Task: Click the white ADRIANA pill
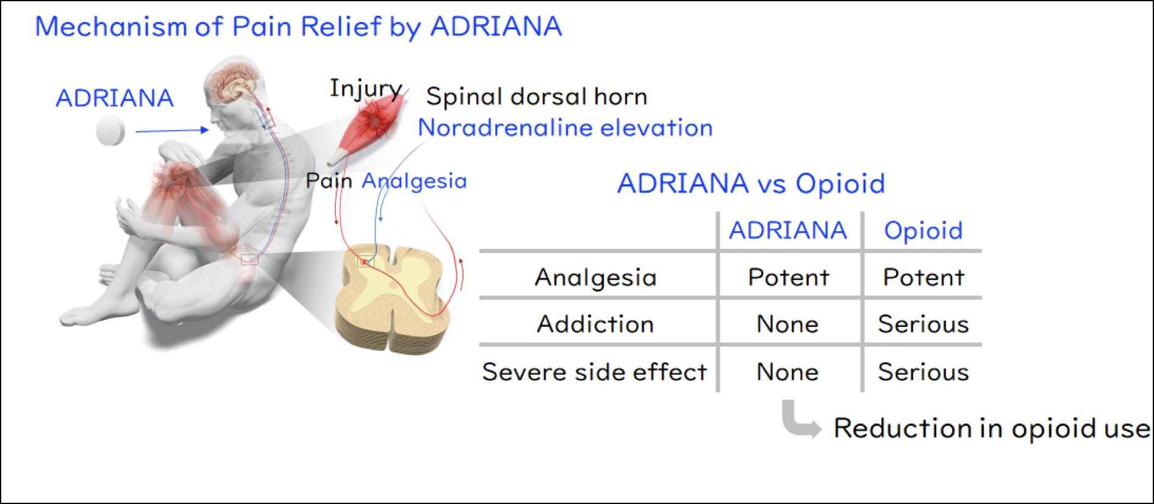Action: pos(110,131)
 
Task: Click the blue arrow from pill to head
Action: pos(172,130)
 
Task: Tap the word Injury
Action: pos(365,89)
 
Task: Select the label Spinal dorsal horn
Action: pos(536,96)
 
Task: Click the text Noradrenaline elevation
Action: pos(565,128)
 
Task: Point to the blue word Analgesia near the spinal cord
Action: pos(414,181)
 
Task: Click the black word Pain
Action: pos(329,181)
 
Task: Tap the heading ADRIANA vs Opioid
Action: pos(751,184)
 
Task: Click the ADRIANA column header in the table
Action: pos(788,230)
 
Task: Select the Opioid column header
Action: pos(923,231)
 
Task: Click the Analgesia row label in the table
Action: pos(595,278)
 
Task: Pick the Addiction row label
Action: pos(595,324)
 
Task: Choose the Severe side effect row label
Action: pos(594,372)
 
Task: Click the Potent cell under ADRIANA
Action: pos(789,278)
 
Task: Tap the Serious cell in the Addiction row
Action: pos(923,324)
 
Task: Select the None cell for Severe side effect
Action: pos(787,372)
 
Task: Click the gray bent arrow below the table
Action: pos(799,422)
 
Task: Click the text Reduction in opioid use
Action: pos(992,428)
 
